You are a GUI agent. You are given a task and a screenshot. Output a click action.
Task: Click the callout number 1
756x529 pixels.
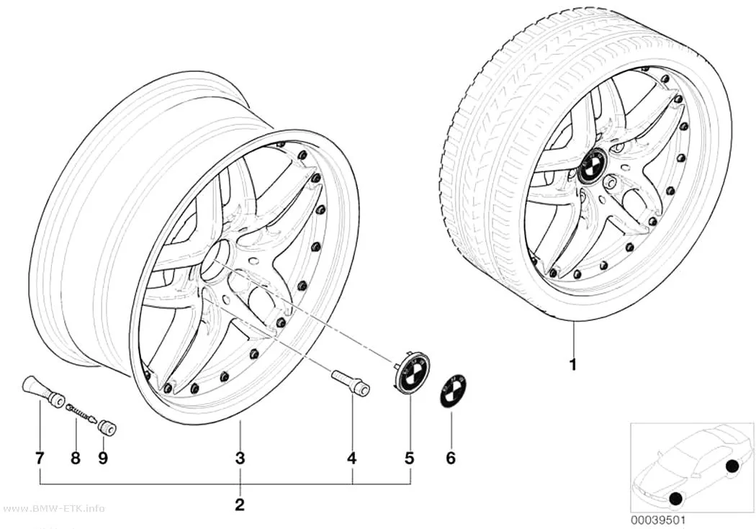pyautogui.click(x=573, y=365)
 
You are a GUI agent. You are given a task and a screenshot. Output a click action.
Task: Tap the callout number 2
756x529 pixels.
pyautogui.click(x=240, y=505)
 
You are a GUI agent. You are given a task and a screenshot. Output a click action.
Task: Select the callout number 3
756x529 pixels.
pyautogui.click(x=240, y=458)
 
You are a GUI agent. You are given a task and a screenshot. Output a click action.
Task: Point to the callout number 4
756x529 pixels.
pyautogui.click(x=352, y=458)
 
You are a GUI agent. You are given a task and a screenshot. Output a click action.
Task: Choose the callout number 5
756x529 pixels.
pyautogui.click(x=410, y=458)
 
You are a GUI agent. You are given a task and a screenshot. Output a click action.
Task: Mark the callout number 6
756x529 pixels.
pyautogui.click(x=450, y=458)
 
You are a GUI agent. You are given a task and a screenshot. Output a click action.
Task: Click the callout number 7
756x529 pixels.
pyautogui.click(x=40, y=458)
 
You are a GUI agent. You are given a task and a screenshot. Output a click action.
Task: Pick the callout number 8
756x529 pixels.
pyautogui.click(x=75, y=458)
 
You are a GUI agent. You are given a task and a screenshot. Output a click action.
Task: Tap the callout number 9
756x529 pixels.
pyautogui.click(x=103, y=458)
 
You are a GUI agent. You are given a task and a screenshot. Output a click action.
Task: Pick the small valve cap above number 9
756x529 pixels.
pyautogui.click(x=105, y=428)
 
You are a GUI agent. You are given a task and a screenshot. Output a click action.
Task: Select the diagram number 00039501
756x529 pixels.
pyautogui.click(x=657, y=520)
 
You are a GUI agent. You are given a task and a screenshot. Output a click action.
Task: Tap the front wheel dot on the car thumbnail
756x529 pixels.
pyautogui.click(x=676, y=499)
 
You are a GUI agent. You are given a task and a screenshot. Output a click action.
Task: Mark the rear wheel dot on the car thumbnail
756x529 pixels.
pyautogui.click(x=732, y=466)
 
